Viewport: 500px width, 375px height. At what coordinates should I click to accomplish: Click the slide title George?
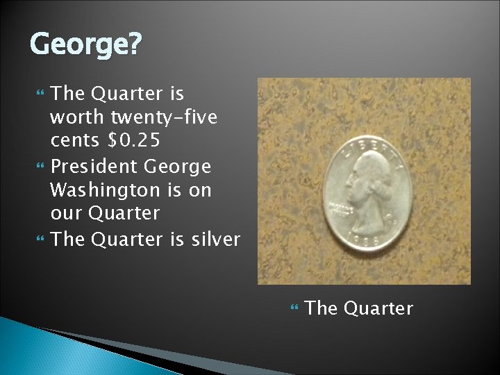tap(85, 45)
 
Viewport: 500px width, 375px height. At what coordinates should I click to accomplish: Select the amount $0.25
tap(133, 141)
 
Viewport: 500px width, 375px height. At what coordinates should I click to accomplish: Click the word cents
tap(75, 141)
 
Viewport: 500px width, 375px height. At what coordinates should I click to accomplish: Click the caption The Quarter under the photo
tap(359, 308)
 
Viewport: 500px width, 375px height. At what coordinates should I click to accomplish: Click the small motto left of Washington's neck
tap(339, 209)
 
